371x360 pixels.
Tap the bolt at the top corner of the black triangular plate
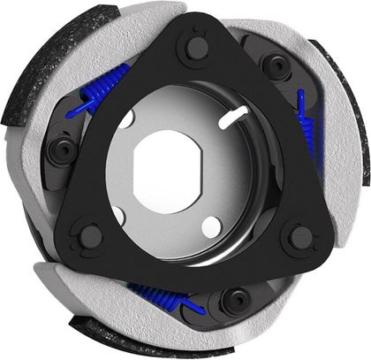[192, 48]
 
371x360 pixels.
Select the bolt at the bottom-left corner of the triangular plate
[90, 236]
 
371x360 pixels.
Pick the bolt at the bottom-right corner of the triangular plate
[301, 237]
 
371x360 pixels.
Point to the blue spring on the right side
[308, 124]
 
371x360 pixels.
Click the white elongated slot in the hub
[235, 112]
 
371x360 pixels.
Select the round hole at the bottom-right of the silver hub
[210, 226]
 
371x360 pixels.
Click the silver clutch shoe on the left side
[40, 168]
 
